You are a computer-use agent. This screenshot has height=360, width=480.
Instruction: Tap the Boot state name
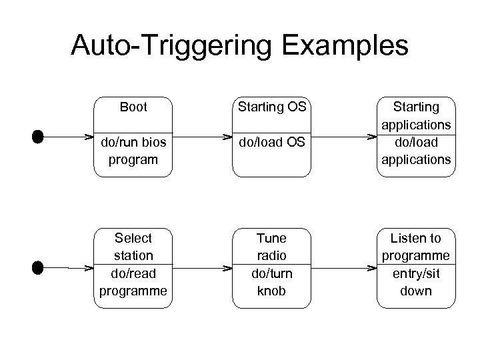coord(133,107)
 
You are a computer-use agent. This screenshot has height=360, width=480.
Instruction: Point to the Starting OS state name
coord(272,107)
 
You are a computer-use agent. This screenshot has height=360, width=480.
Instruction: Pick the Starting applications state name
coord(416,115)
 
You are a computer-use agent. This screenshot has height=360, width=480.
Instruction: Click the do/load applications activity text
coord(416,151)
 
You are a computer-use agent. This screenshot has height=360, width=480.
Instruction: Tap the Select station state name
coord(133,247)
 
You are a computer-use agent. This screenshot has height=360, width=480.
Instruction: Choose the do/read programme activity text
coord(133,282)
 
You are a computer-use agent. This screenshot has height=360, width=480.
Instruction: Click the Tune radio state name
coord(272,247)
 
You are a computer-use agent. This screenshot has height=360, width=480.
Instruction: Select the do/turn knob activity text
coord(272,282)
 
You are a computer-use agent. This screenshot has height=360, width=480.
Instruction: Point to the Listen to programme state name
coord(416,247)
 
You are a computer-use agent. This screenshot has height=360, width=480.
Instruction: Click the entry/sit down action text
coord(416,282)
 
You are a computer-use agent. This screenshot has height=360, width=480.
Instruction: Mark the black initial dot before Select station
coord(37,268)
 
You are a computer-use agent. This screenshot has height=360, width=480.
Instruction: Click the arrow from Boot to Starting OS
coord(200,137)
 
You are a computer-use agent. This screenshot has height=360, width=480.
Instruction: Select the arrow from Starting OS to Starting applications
coord(340,137)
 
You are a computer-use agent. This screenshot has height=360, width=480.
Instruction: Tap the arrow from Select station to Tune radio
coord(200,268)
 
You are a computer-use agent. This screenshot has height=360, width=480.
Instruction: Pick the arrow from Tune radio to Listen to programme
coord(340,268)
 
